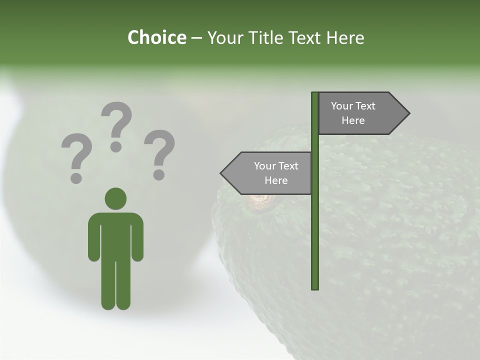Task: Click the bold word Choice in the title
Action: [x=156, y=37]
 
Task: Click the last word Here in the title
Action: [x=345, y=37]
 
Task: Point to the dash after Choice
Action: [x=196, y=38]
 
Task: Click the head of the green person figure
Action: [x=115, y=198]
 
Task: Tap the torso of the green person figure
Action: [x=115, y=235]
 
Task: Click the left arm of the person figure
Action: [x=93, y=237]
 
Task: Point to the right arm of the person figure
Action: [x=138, y=237]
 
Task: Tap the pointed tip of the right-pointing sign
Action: [x=407, y=113]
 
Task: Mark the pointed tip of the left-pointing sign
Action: [x=222, y=173]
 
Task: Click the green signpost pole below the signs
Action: [x=315, y=240]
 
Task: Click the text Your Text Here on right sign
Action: [x=353, y=113]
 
